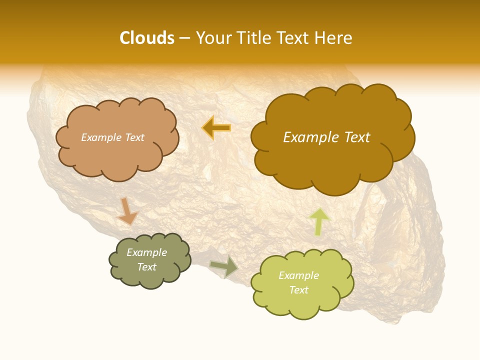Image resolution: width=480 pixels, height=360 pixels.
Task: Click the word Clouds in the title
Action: pos(146,38)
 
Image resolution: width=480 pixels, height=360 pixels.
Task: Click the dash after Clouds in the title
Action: pos(184,38)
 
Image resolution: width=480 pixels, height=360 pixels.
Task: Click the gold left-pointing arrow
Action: pos(216,128)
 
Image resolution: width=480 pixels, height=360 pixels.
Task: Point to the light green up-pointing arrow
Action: pos(319,221)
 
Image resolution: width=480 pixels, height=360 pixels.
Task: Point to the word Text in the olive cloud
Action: pos(147,267)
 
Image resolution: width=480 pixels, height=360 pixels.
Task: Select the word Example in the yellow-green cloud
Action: pos(298,275)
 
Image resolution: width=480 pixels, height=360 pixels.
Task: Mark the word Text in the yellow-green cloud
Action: pos(298,290)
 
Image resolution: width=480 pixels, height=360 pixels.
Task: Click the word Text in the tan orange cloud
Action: pos(134,137)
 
